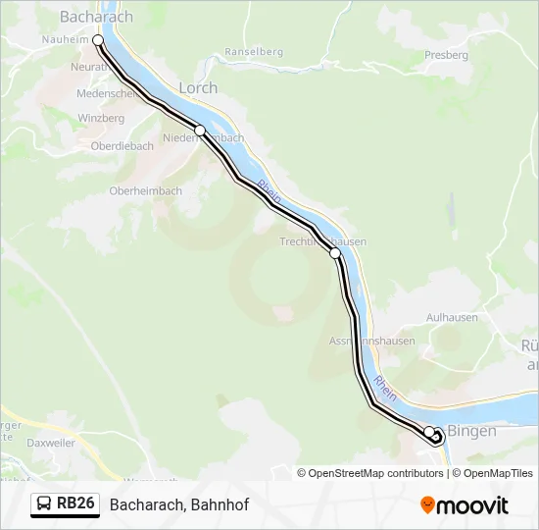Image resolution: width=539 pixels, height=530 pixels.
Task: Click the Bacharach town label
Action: (96, 17)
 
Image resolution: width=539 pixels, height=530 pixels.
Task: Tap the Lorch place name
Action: (198, 87)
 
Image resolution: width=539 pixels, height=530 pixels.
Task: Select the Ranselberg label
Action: (253, 52)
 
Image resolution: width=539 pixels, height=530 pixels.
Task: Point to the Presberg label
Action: (446, 55)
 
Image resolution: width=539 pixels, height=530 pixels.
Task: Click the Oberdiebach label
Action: (122, 146)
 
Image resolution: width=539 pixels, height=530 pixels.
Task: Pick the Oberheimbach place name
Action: (145, 191)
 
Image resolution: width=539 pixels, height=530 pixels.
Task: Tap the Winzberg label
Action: (102, 119)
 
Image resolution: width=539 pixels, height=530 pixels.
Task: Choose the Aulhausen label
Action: (452, 318)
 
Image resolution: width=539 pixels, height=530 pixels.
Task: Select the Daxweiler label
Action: (51, 444)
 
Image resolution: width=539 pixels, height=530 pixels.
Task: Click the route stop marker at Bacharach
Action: (98, 40)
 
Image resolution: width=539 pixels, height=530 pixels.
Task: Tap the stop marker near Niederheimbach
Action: (200, 131)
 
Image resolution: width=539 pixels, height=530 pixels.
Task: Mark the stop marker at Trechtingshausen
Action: (335, 253)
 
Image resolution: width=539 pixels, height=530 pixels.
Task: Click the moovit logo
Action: (465, 505)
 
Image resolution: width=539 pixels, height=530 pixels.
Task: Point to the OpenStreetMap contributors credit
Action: (370, 473)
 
